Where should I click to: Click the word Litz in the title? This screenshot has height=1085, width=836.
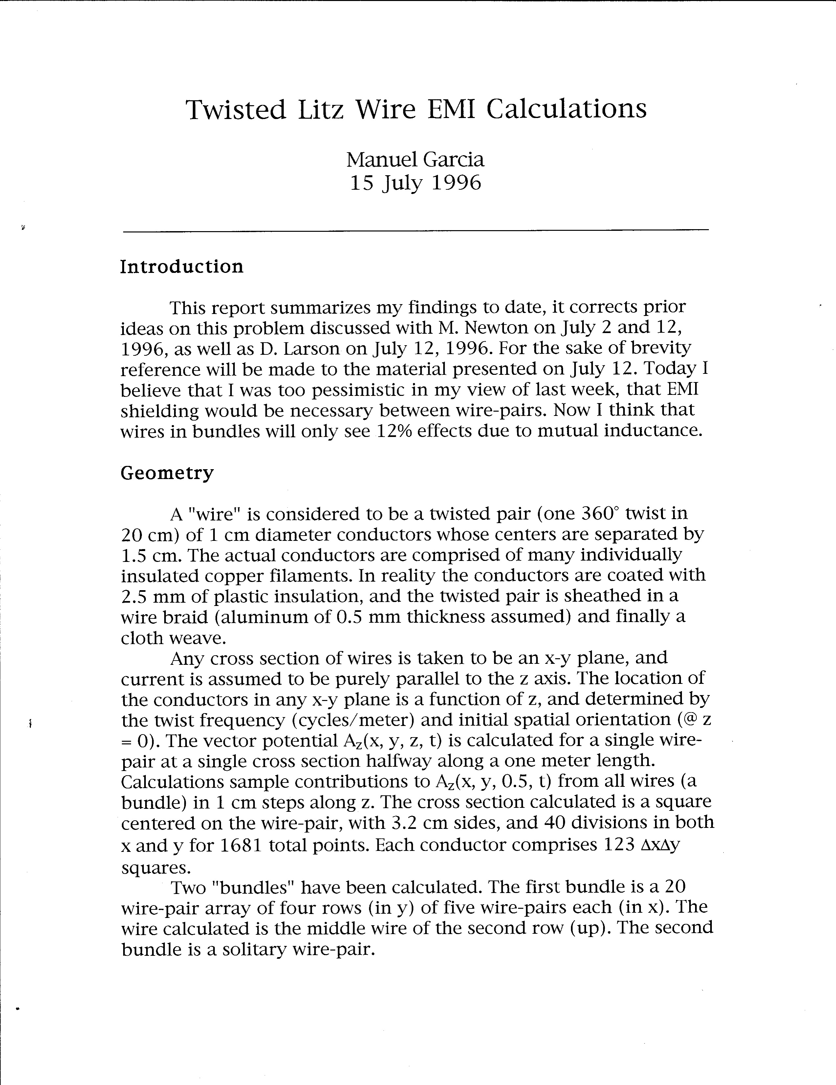click(x=320, y=110)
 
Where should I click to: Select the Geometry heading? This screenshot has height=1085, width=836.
click(x=167, y=472)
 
